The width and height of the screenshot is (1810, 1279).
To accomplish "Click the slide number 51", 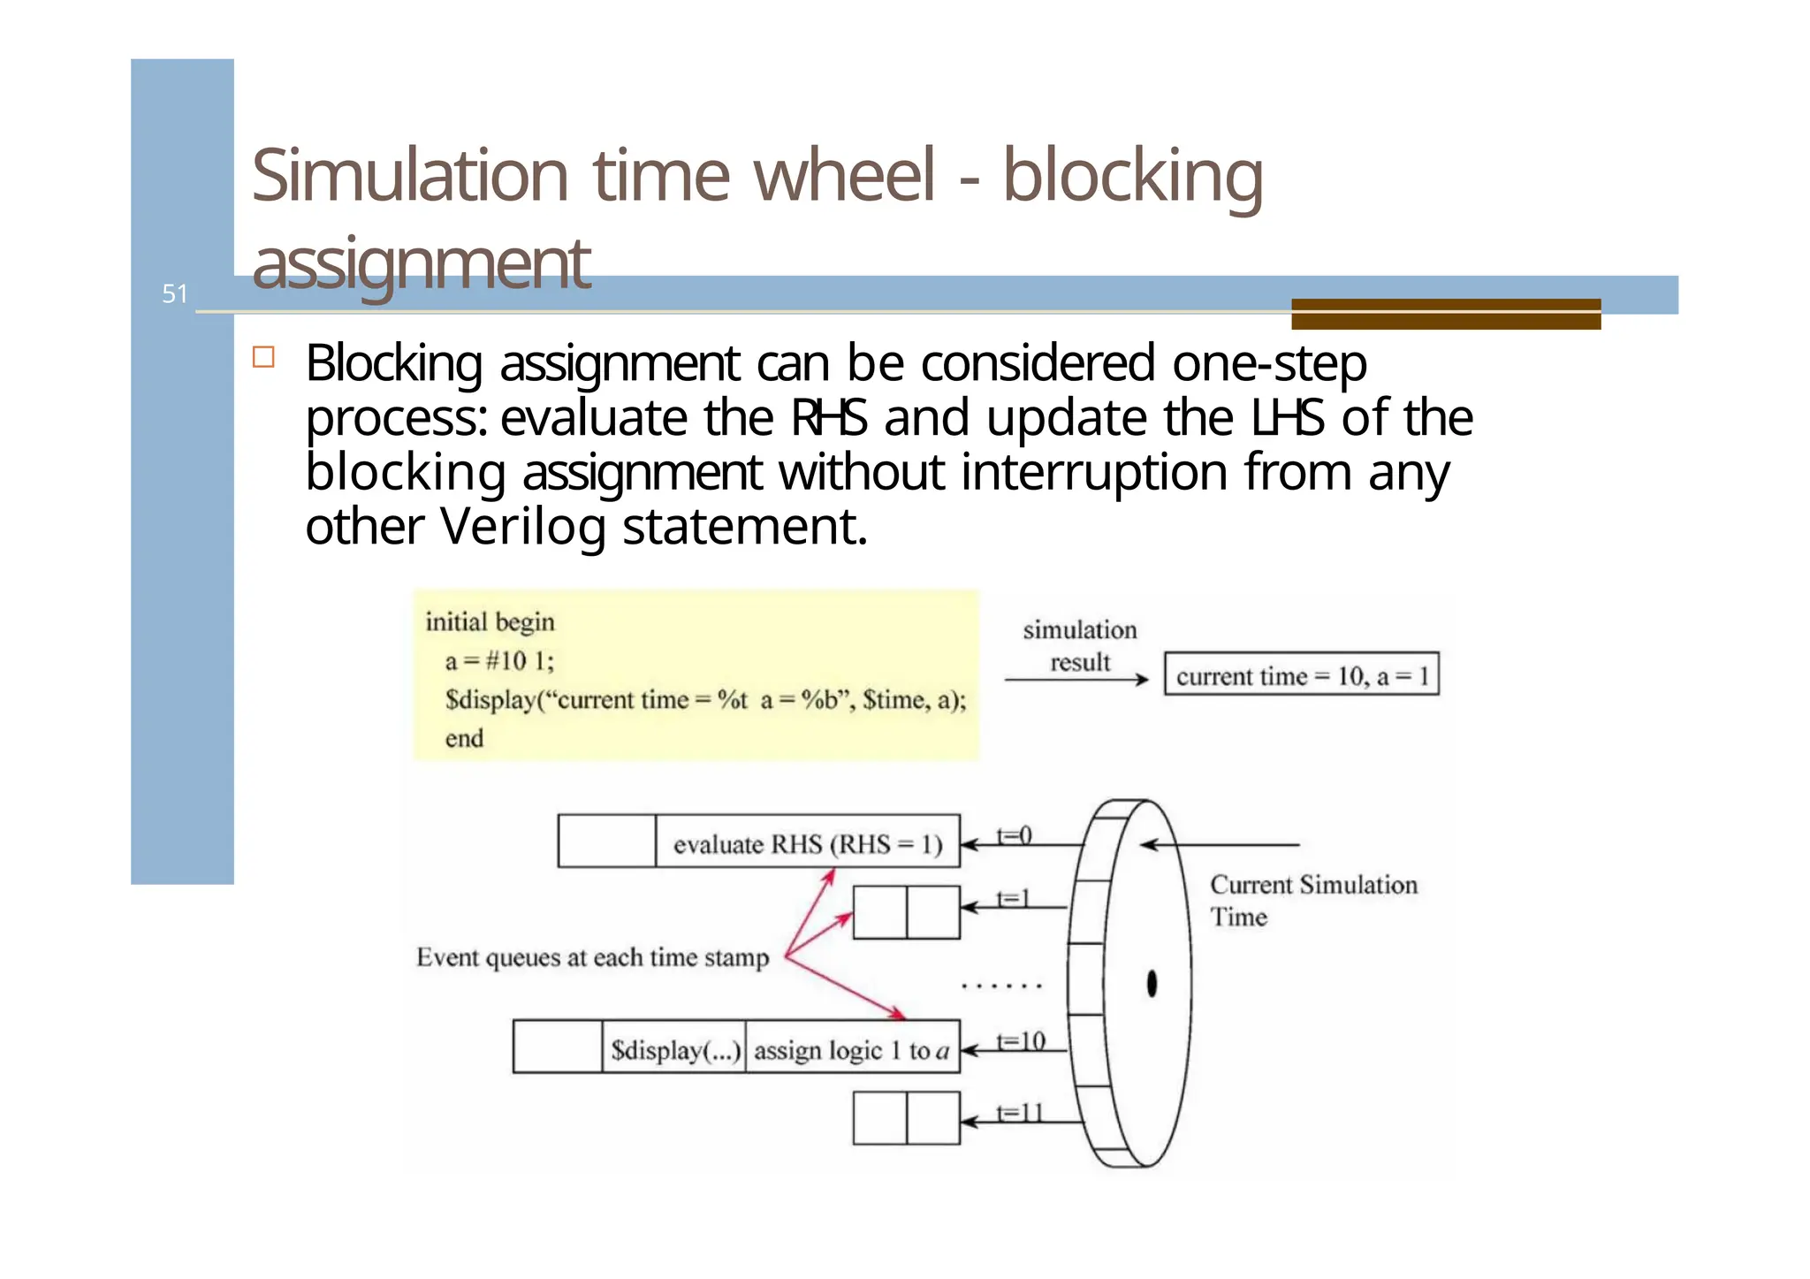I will (x=175, y=294).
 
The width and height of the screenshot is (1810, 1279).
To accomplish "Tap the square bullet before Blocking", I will (x=263, y=357).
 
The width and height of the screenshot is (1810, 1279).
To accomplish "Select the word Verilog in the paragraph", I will (x=522, y=527).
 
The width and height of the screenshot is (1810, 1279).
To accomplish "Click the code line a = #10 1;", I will (x=499, y=661).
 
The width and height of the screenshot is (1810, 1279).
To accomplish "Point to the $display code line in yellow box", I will (x=705, y=700).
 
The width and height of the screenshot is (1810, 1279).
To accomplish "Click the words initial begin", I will (x=490, y=622).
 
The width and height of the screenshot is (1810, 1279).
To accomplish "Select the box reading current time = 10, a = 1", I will (x=1301, y=676).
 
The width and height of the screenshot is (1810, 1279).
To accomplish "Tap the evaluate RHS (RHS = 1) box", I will (x=807, y=844).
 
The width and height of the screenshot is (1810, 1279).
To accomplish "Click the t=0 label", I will (x=1015, y=834).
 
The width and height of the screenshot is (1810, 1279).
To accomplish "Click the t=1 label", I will (x=1014, y=898).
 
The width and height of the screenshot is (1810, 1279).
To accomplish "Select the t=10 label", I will (x=1021, y=1041).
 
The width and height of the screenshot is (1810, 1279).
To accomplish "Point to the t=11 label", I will (x=1020, y=1113).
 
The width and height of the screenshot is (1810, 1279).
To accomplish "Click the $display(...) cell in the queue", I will (x=674, y=1050).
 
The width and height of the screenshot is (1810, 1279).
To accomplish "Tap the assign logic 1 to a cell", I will (x=852, y=1050).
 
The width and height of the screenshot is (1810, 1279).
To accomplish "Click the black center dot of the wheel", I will (x=1152, y=984).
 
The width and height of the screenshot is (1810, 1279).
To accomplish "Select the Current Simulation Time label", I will (x=1312, y=900).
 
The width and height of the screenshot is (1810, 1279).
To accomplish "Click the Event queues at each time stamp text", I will (x=592, y=957).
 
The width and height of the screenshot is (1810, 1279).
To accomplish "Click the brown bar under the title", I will (x=1446, y=314).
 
